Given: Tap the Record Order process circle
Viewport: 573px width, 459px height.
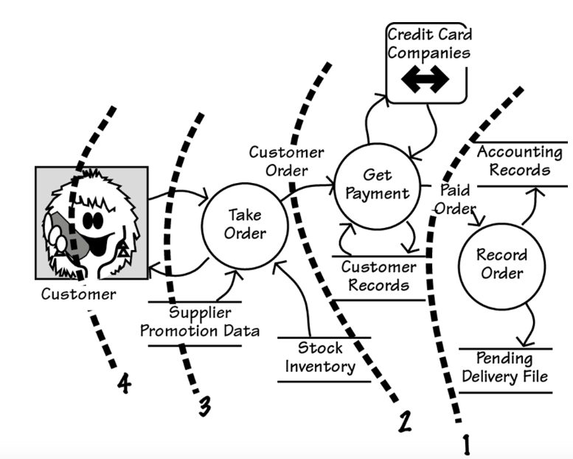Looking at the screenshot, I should (x=501, y=263).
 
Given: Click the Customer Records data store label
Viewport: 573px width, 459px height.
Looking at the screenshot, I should (x=378, y=276).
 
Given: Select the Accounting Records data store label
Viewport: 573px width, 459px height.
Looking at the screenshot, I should (x=520, y=161).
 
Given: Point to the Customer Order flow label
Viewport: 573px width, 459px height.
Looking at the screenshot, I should (x=285, y=162).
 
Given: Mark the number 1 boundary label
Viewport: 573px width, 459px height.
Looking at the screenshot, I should (x=465, y=443).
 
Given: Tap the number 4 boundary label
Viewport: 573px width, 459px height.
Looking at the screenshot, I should (x=125, y=384).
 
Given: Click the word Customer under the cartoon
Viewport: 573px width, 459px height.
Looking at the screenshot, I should (x=77, y=294).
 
